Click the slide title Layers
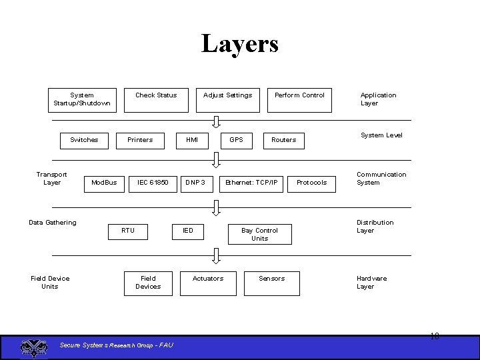[240, 44]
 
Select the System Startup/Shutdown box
[82, 99]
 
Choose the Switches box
[84, 140]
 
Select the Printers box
[140, 140]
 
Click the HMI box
[192, 140]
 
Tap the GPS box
[237, 140]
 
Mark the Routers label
[283, 140]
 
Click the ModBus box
[104, 182]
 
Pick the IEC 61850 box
[153, 182]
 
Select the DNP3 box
[195, 182]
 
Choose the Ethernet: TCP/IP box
[252, 182]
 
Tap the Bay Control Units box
[260, 235]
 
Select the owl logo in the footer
[31, 347]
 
